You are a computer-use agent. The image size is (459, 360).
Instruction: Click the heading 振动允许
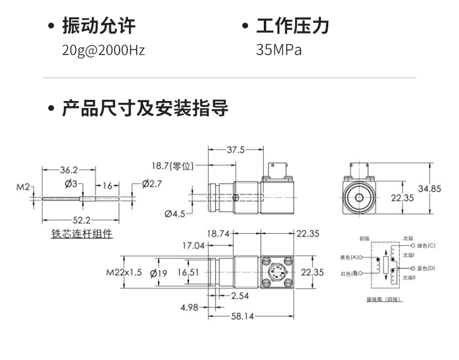pyautogui.click(x=99, y=26)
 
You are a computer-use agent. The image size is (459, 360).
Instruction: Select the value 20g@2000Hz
pyautogui.click(x=103, y=50)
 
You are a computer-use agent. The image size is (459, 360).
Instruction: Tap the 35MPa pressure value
pyautogui.click(x=279, y=50)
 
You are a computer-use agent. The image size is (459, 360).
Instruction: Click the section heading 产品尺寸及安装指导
pyautogui.click(x=145, y=109)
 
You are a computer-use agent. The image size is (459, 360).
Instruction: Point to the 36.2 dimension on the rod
pyautogui.click(x=69, y=170)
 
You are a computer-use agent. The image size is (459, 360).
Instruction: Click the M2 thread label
pyautogui.click(x=23, y=186)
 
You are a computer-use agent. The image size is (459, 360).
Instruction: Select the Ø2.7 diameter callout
pyautogui.click(x=151, y=184)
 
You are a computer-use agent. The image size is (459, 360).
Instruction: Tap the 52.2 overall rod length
pyautogui.click(x=81, y=220)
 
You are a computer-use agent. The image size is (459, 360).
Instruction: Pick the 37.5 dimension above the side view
pyautogui.click(x=235, y=150)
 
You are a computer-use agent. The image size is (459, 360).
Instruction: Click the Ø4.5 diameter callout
pyautogui.click(x=174, y=214)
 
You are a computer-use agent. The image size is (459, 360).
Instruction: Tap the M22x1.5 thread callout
pyautogui.click(x=124, y=272)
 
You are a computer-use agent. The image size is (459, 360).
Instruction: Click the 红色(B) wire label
pyautogui.click(x=349, y=273)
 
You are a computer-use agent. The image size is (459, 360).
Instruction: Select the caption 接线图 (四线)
pyautogui.click(x=384, y=299)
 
